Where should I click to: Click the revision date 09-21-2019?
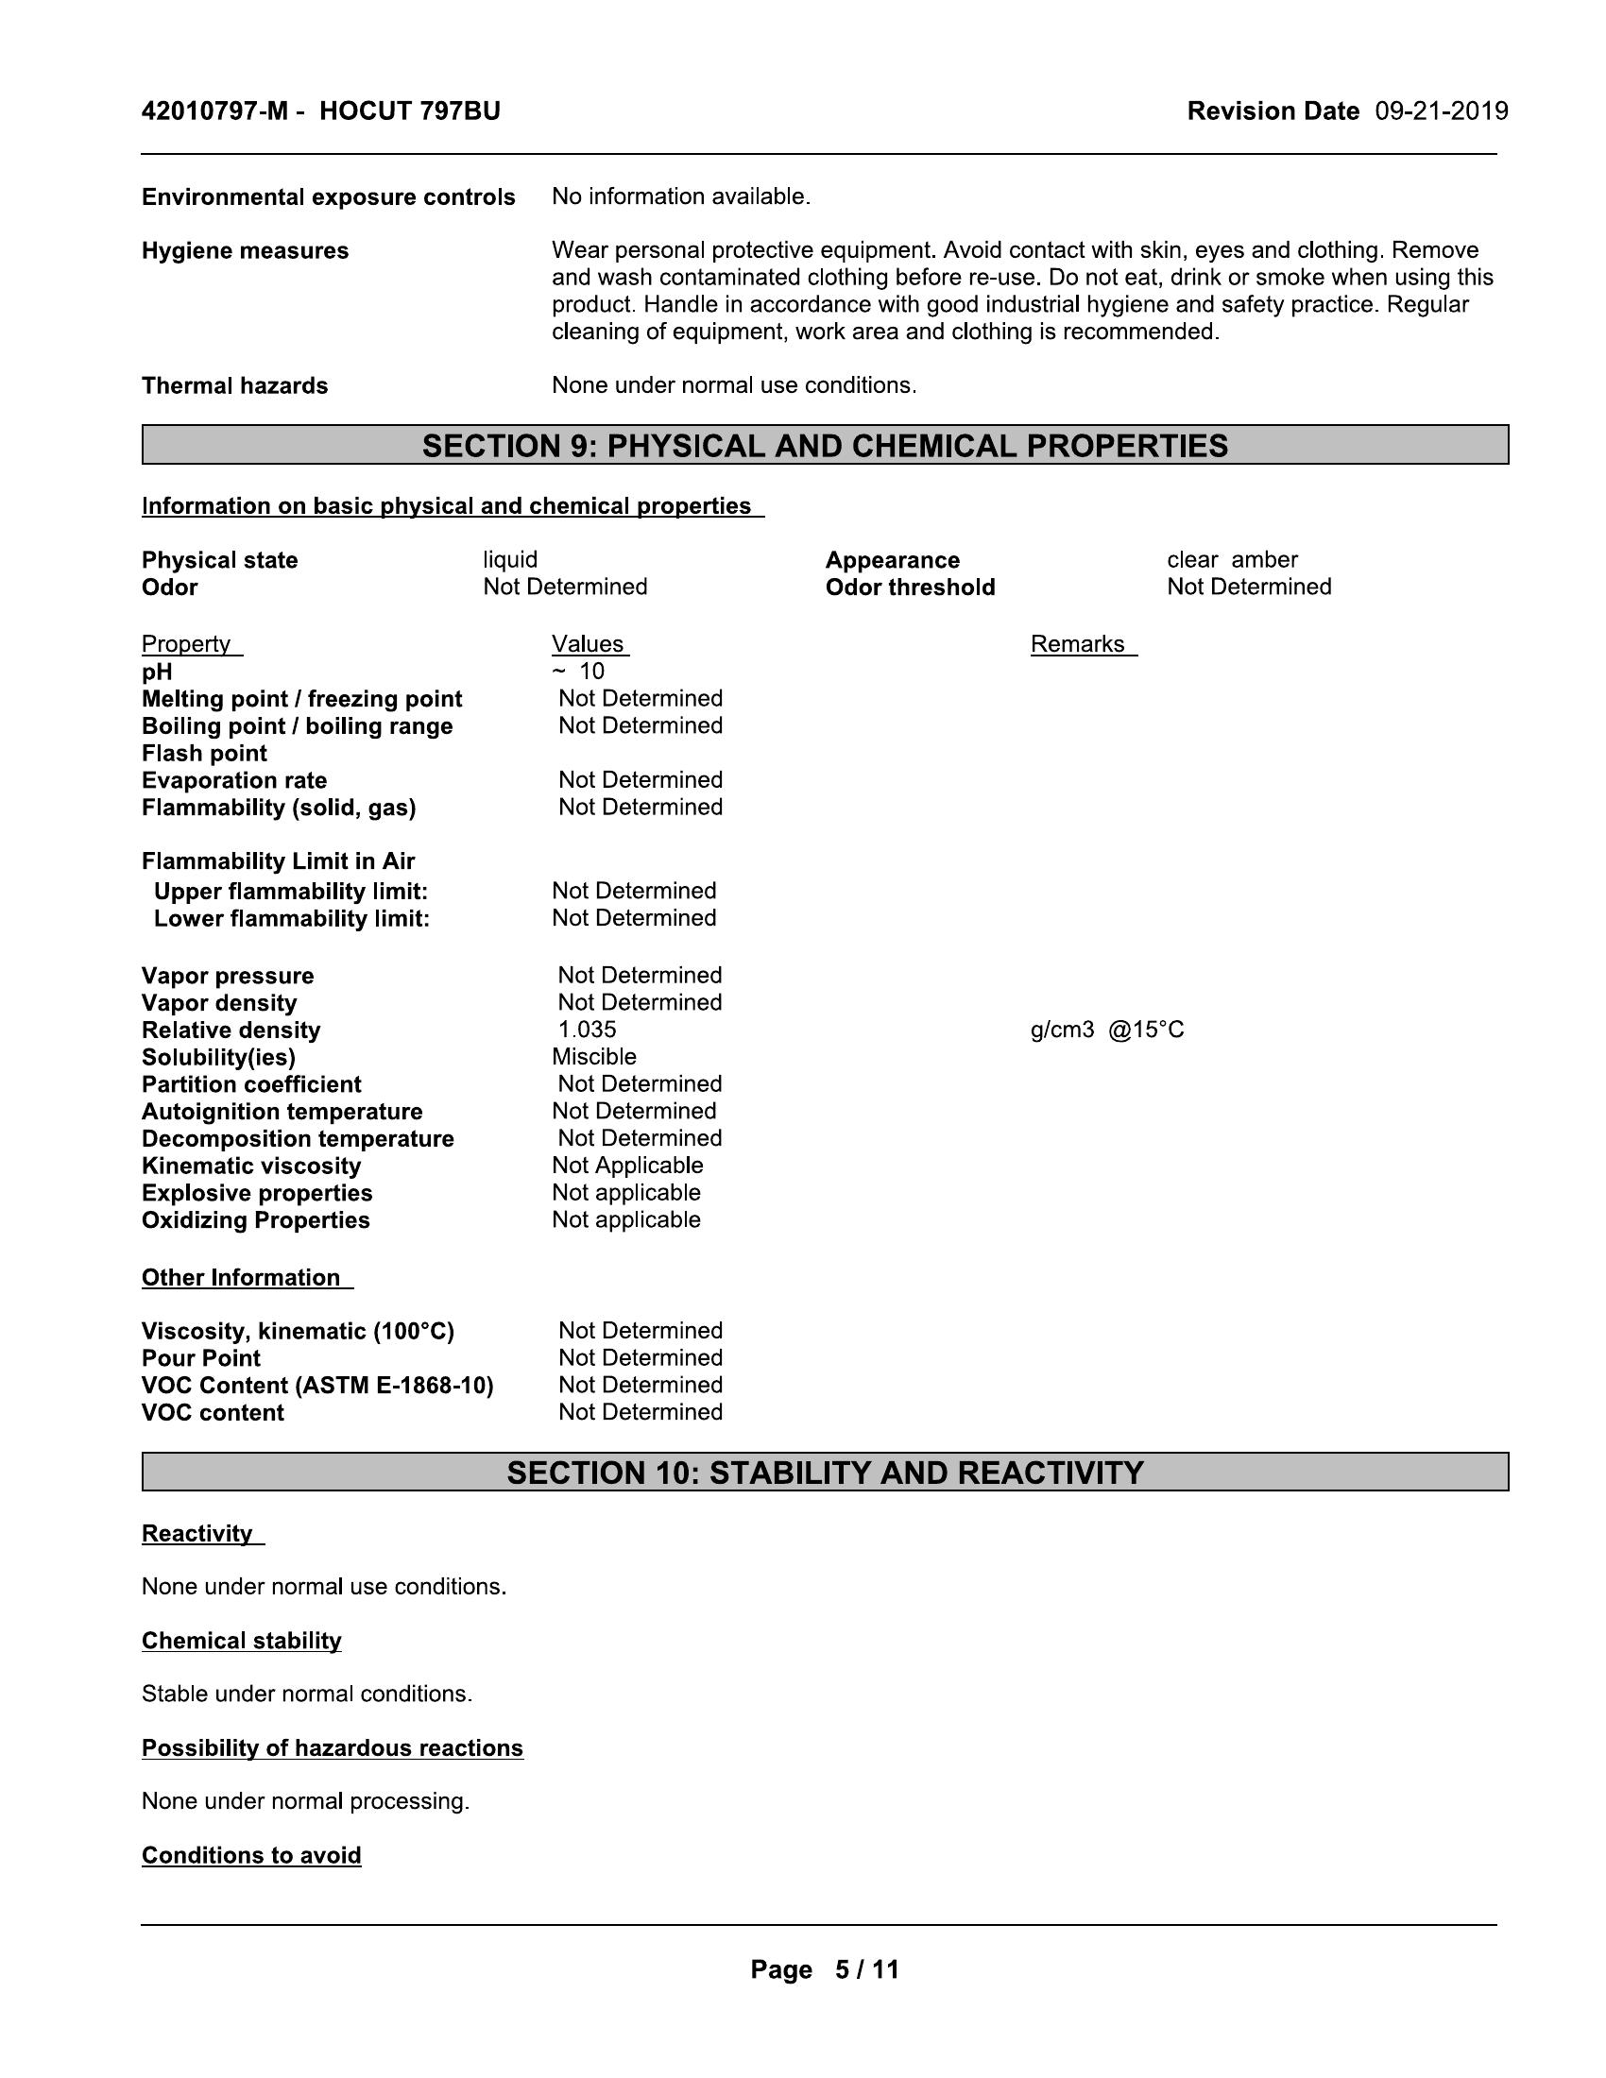(x=1441, y=111)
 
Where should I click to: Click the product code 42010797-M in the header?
(x=214, y=111)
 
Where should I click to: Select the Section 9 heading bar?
(x=825, y=445)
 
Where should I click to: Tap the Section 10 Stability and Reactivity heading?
(x=825, y=1472)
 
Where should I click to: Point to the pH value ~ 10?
(x=579, y=672)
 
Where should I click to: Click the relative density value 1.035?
(x=587, y=1030)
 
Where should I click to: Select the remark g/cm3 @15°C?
(x=1106, y=1030)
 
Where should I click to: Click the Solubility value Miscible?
(x=593, y=1057)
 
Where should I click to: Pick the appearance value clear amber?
(x=1232, y=559)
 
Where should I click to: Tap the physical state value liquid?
(x=510, y=559)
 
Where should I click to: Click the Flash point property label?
(x=205, y=754)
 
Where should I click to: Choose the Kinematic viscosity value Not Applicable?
(x=627, y=1166)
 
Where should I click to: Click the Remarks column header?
(x=1078, y=644)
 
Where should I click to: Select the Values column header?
(x=588, y=644)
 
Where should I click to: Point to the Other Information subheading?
(x=242, y=1278)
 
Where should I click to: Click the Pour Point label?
(x=200, y=1357)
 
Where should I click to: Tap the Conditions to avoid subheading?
(x=251, y=1855)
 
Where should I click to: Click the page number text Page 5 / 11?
(x=824, y=1969)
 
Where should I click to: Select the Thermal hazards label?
(x=235, y=385)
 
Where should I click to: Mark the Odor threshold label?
(x=910, y=588)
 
